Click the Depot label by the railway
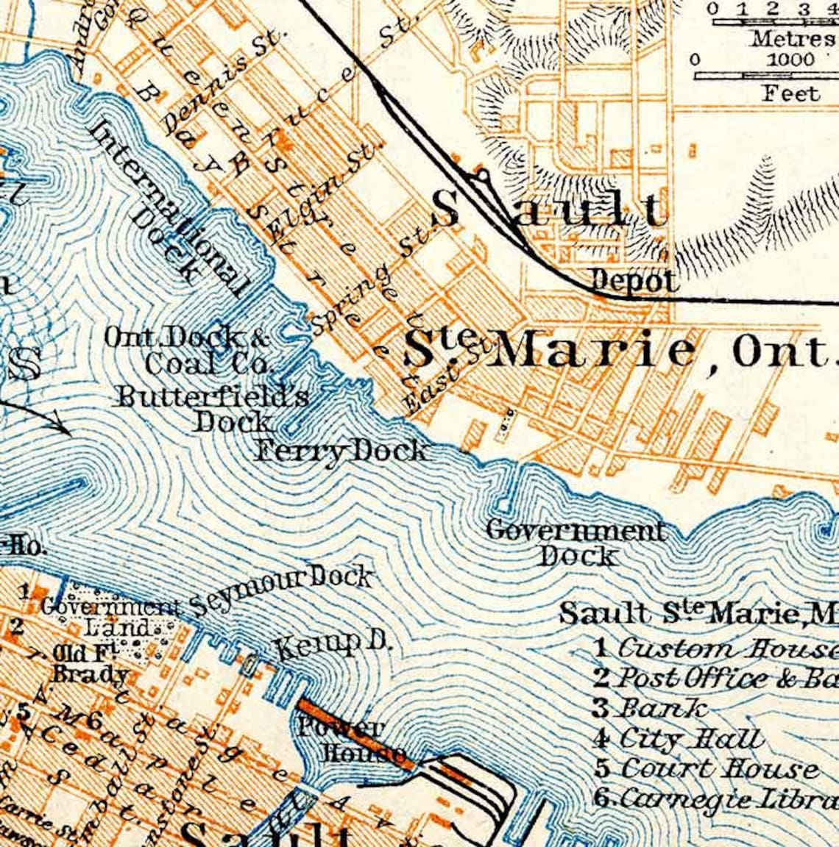(x=634, y=280)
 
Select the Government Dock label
(x=577, y=543)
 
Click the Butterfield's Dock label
(x=213, y=409)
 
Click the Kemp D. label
(x=333, y=646)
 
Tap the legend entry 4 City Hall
(x=678, y=737)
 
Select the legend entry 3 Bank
(x=649, y=708)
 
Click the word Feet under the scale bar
(x=790, y=93)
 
